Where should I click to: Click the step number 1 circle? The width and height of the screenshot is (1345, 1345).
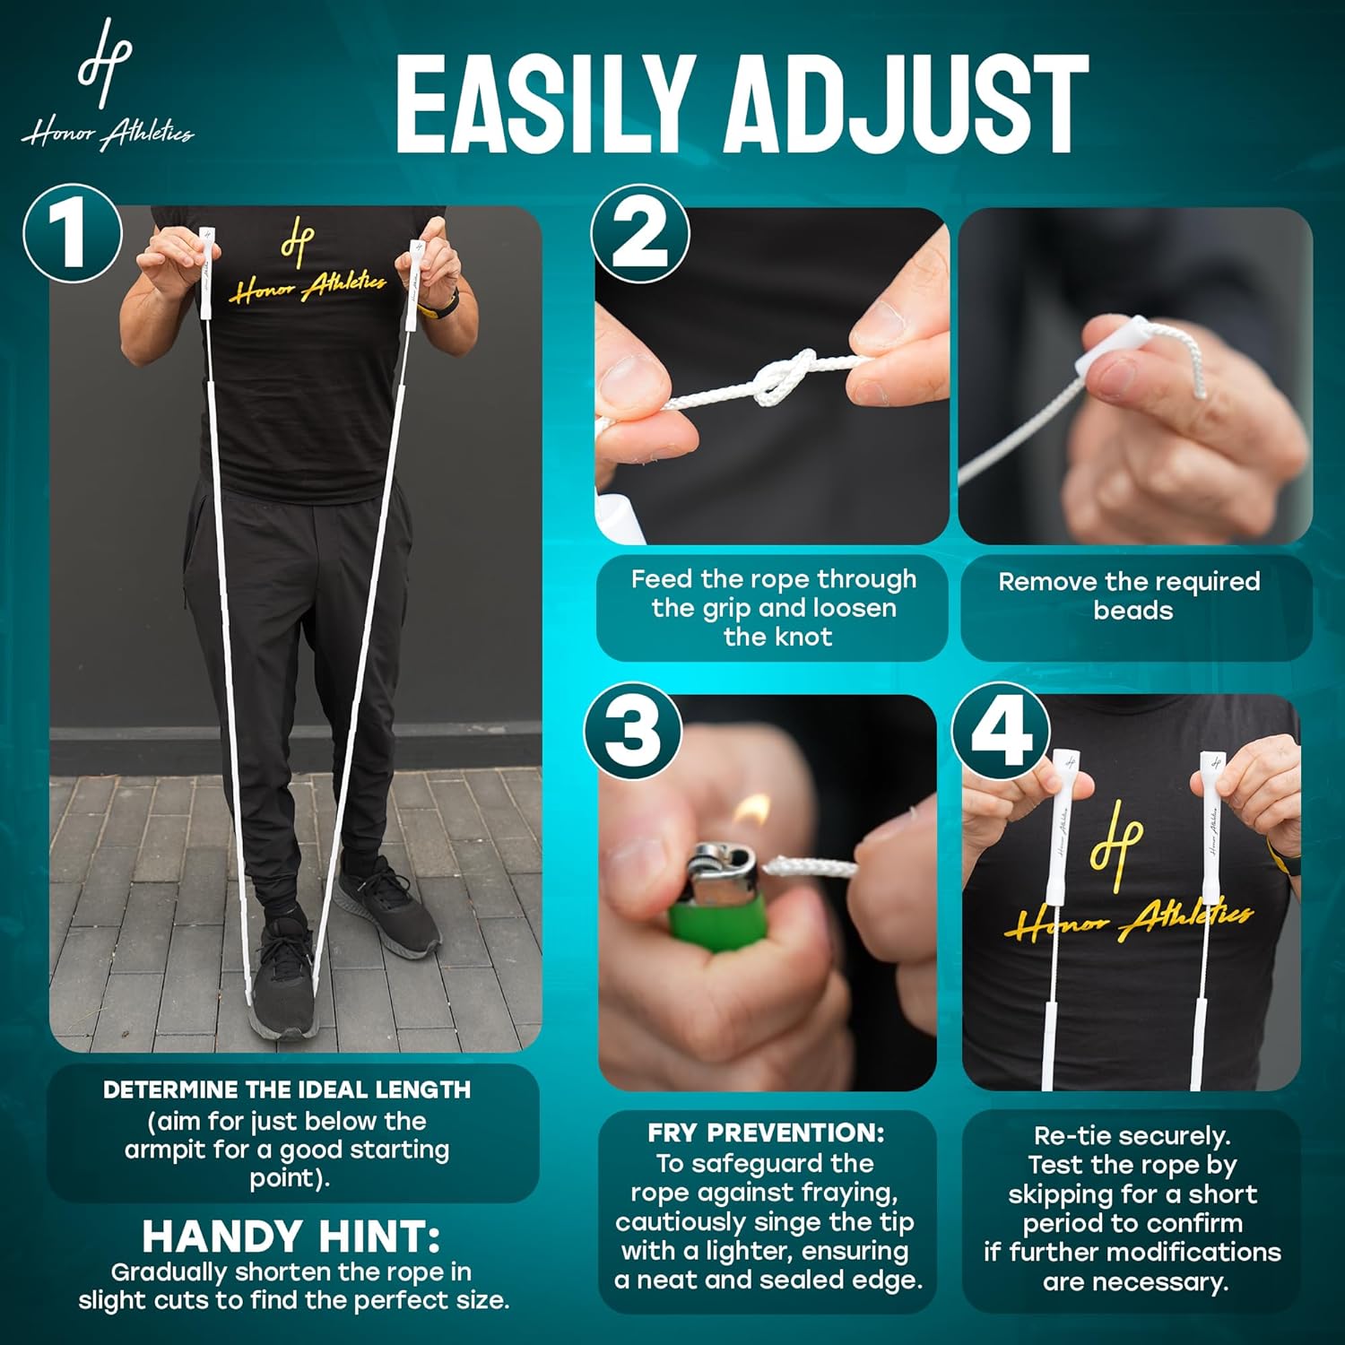(73, 233)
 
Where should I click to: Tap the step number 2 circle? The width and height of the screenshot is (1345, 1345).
(640, 233)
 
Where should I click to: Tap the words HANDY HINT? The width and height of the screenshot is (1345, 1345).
(291, 1237)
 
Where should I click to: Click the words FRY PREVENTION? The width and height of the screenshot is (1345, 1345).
(767, 1132)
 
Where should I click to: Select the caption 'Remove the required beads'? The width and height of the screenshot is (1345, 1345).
(1130, 595)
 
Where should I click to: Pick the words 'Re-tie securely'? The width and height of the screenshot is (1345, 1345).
(1132, 1136)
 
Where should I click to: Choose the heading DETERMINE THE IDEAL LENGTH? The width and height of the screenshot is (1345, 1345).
(287, 1089)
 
